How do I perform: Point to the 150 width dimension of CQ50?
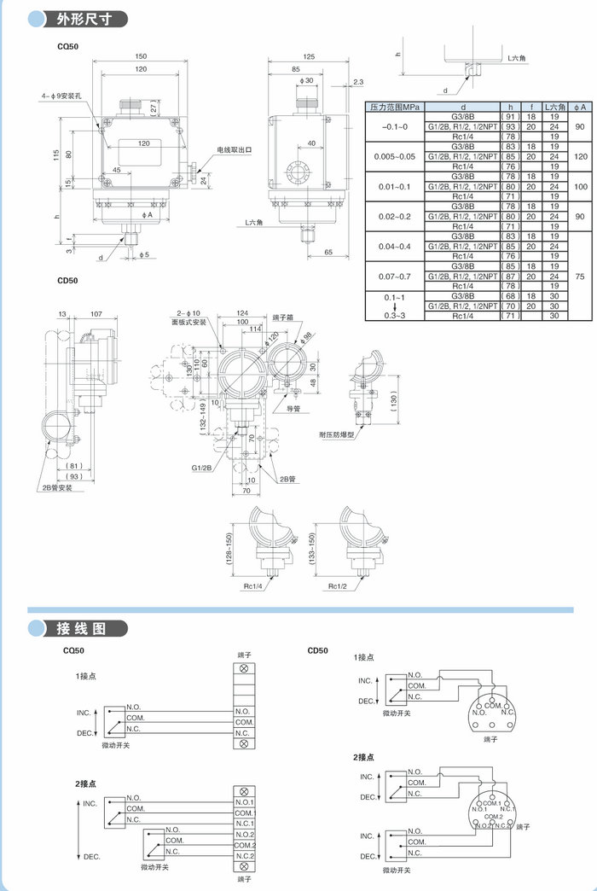(141, 56)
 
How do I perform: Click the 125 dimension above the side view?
(309, 56)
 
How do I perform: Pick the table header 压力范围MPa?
(395, 108)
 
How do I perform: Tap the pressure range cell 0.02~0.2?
(395, 217)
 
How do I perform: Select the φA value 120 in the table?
(582, 157)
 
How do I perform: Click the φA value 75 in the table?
(582, 277)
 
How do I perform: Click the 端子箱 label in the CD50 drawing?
(283, 317)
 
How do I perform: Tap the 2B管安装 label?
(58, 487)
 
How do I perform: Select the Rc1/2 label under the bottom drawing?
(338, 587)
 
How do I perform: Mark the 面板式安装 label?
(189, 323)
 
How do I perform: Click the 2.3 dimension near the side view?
(358, 82)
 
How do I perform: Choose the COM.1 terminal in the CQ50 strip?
(245, 813)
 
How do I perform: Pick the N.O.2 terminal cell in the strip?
(245, 834)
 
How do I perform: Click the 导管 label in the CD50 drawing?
(293, 409)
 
